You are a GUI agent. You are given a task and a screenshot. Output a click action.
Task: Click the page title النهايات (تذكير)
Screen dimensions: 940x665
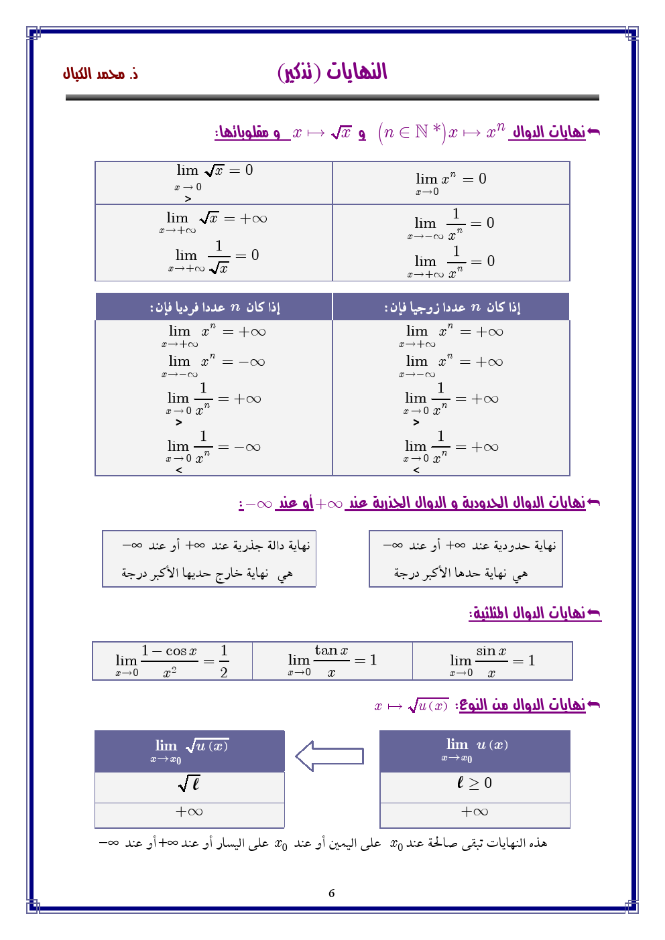point(332,72)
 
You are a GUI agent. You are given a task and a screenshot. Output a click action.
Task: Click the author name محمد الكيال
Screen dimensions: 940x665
point(101,74)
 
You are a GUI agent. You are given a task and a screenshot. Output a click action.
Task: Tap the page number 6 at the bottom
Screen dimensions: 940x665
point(331,893)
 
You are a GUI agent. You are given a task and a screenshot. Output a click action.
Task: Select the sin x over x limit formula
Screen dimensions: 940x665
point(492,661)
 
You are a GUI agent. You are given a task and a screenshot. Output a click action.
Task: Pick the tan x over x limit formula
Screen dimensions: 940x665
point(332,661)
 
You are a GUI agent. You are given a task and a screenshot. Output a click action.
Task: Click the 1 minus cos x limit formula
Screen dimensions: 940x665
point(172,661)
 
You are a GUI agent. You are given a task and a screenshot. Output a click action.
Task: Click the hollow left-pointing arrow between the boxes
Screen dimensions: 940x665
point(329,756)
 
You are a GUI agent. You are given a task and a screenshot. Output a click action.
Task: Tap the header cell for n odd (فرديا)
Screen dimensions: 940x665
point(214,307)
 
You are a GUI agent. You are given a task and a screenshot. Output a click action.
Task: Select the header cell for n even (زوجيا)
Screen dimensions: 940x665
point(451,307)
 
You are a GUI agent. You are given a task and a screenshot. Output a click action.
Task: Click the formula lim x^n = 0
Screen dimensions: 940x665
point(450,182)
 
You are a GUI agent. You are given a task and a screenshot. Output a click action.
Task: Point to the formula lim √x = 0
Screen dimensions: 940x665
point(214,176)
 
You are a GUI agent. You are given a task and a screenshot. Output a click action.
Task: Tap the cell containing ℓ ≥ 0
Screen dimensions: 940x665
point(475,783)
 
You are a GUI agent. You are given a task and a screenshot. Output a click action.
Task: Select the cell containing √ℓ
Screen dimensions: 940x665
point(190,783)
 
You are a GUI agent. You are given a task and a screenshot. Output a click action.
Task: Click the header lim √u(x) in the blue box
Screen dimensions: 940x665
point(190,750)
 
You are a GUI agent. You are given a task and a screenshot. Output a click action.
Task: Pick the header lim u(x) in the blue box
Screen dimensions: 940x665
point(475,750)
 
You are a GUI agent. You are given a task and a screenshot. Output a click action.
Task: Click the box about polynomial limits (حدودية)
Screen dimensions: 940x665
point(466,559)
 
